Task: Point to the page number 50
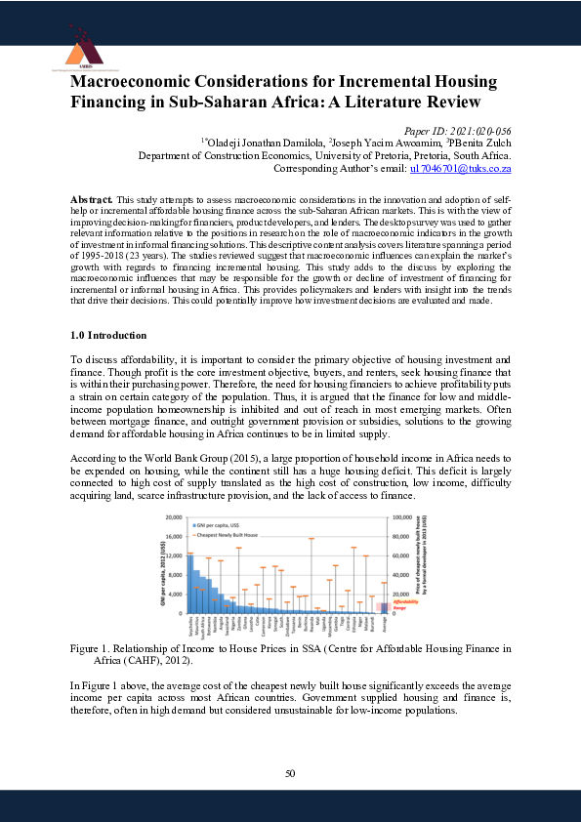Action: click(x=290, y=773)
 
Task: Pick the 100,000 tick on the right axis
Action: click(x=402, y=516)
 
